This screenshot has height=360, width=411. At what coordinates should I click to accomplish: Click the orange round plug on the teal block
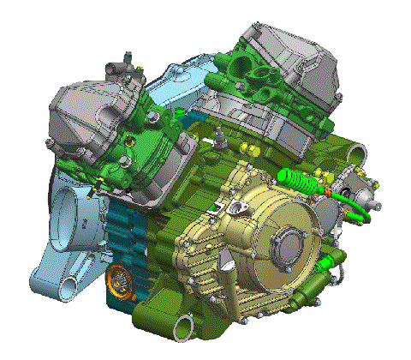click(120, 279)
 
